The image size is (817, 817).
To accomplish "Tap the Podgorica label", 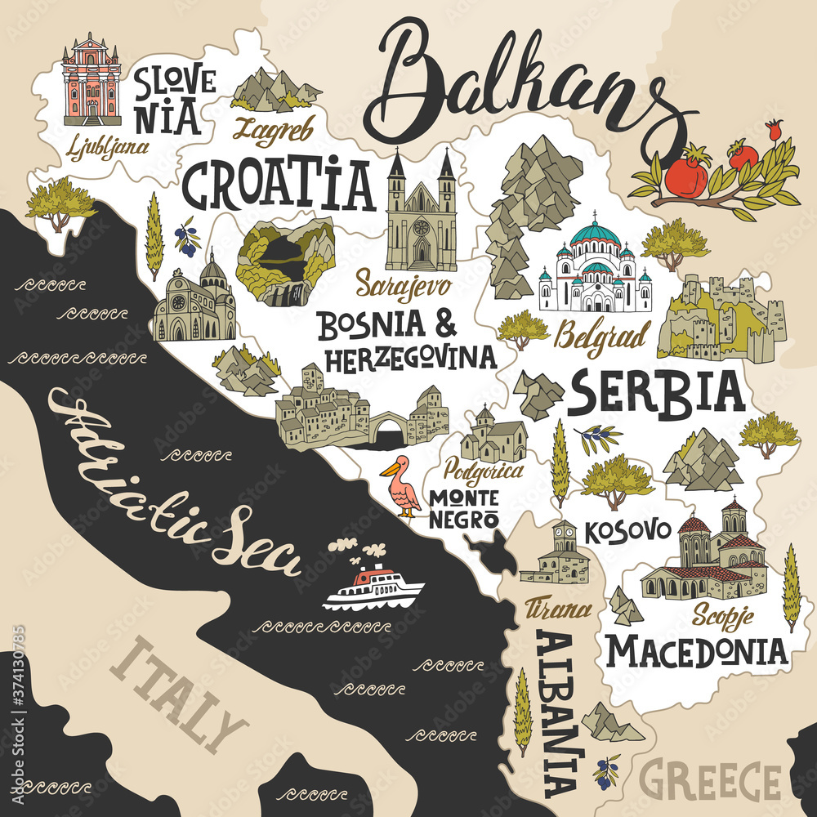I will click(x=484, y=470).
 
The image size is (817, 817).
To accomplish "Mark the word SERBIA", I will click(x=656, y=393).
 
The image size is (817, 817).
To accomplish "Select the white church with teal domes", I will click(x=595, y=266).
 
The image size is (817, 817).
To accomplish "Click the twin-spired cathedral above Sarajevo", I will click(x=422, y=214).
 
